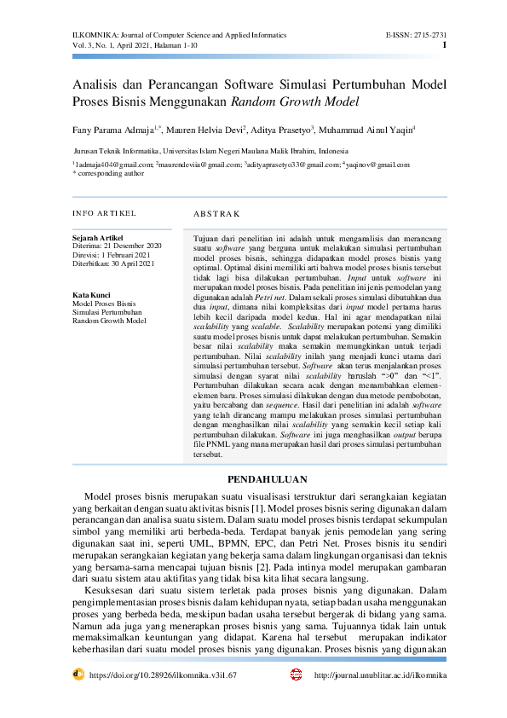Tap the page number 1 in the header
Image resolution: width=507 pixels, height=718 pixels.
[445, 45]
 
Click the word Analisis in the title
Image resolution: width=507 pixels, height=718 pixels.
[98, 85]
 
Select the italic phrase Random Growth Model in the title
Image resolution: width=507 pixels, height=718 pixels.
[295, 101]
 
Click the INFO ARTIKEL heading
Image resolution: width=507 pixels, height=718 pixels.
[105, 212]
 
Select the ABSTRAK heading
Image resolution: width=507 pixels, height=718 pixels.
[217, 213]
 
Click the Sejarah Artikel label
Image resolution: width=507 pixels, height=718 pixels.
[98, 237]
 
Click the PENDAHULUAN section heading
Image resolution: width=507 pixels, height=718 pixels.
[253, 478]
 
